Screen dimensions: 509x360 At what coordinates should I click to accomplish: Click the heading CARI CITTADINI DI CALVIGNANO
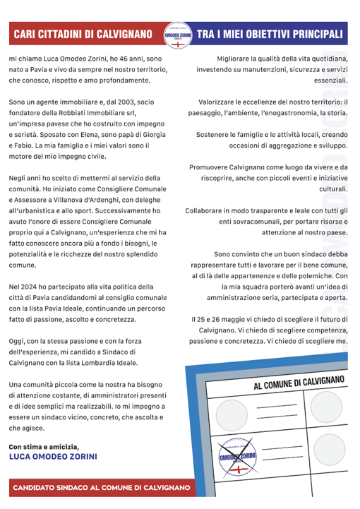tap(83, 34)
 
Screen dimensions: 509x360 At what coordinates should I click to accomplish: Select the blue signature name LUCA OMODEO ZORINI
tap(54, 456)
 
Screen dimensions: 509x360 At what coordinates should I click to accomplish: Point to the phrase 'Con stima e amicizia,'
tap(44, 446)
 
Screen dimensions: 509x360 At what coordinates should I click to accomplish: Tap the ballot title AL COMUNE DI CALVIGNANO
tap(299, 381)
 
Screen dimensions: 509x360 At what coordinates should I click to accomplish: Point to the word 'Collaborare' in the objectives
tap(209, 211)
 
